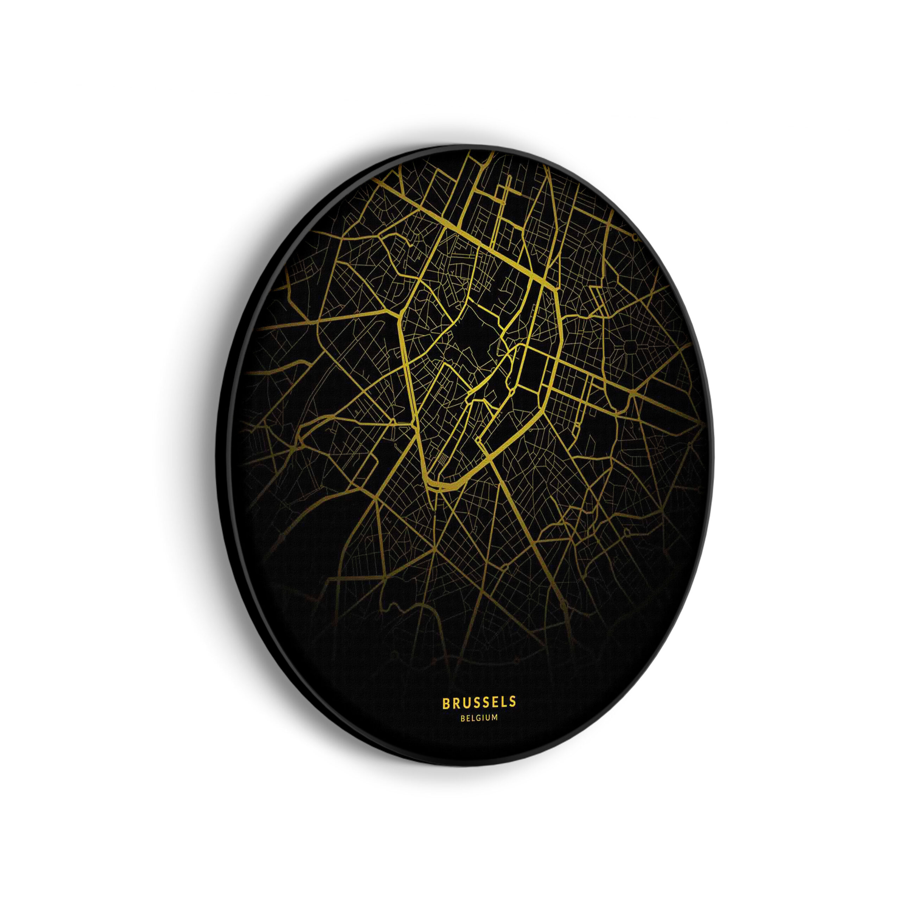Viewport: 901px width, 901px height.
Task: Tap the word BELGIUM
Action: (479, 731)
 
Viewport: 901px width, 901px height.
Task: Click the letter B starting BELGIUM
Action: (462, 731)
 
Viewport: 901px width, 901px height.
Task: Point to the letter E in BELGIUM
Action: (468, 731)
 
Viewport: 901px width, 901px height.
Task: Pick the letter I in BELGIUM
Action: (483, 731)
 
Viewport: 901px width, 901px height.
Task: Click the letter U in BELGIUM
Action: (488, 731)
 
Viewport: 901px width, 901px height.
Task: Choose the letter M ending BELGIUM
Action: (494, 731)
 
